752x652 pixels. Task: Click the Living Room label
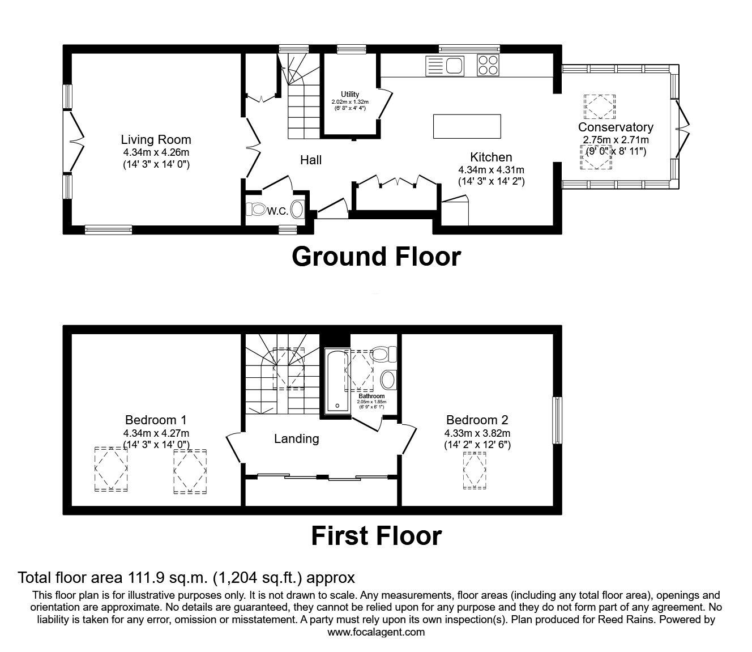(156, 139)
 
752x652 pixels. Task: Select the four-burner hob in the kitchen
(488, 65)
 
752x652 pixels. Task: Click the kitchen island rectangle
(467, 126)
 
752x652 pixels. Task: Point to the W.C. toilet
(258, 210)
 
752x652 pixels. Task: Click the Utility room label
(350, 94)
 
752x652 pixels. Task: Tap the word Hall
(311, 160)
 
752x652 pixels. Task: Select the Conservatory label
(616, 127)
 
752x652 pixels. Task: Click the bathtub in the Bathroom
(336, 380)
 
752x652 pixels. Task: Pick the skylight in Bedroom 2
(475, 471)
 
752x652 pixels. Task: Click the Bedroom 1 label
(156, 420)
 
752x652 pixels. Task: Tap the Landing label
(296, 438)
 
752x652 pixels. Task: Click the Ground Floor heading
(376, 257)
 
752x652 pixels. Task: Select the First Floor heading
(376, 536)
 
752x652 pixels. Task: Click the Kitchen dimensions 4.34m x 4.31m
(491, 170)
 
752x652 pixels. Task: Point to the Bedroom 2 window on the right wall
(558, 420)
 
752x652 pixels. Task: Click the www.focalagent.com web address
(376, 632)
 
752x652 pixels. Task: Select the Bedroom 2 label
(477, 420)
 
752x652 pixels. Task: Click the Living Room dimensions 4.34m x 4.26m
(156, 152)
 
